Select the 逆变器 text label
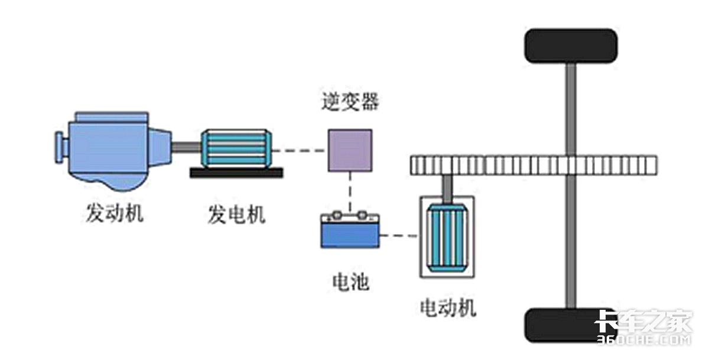[350, 102]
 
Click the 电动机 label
[447, 307]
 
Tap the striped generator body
[235, 148]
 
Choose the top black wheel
[571, 45]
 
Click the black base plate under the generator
[236, 172]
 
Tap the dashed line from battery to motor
[399, 237]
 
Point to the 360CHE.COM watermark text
[644, 340]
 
